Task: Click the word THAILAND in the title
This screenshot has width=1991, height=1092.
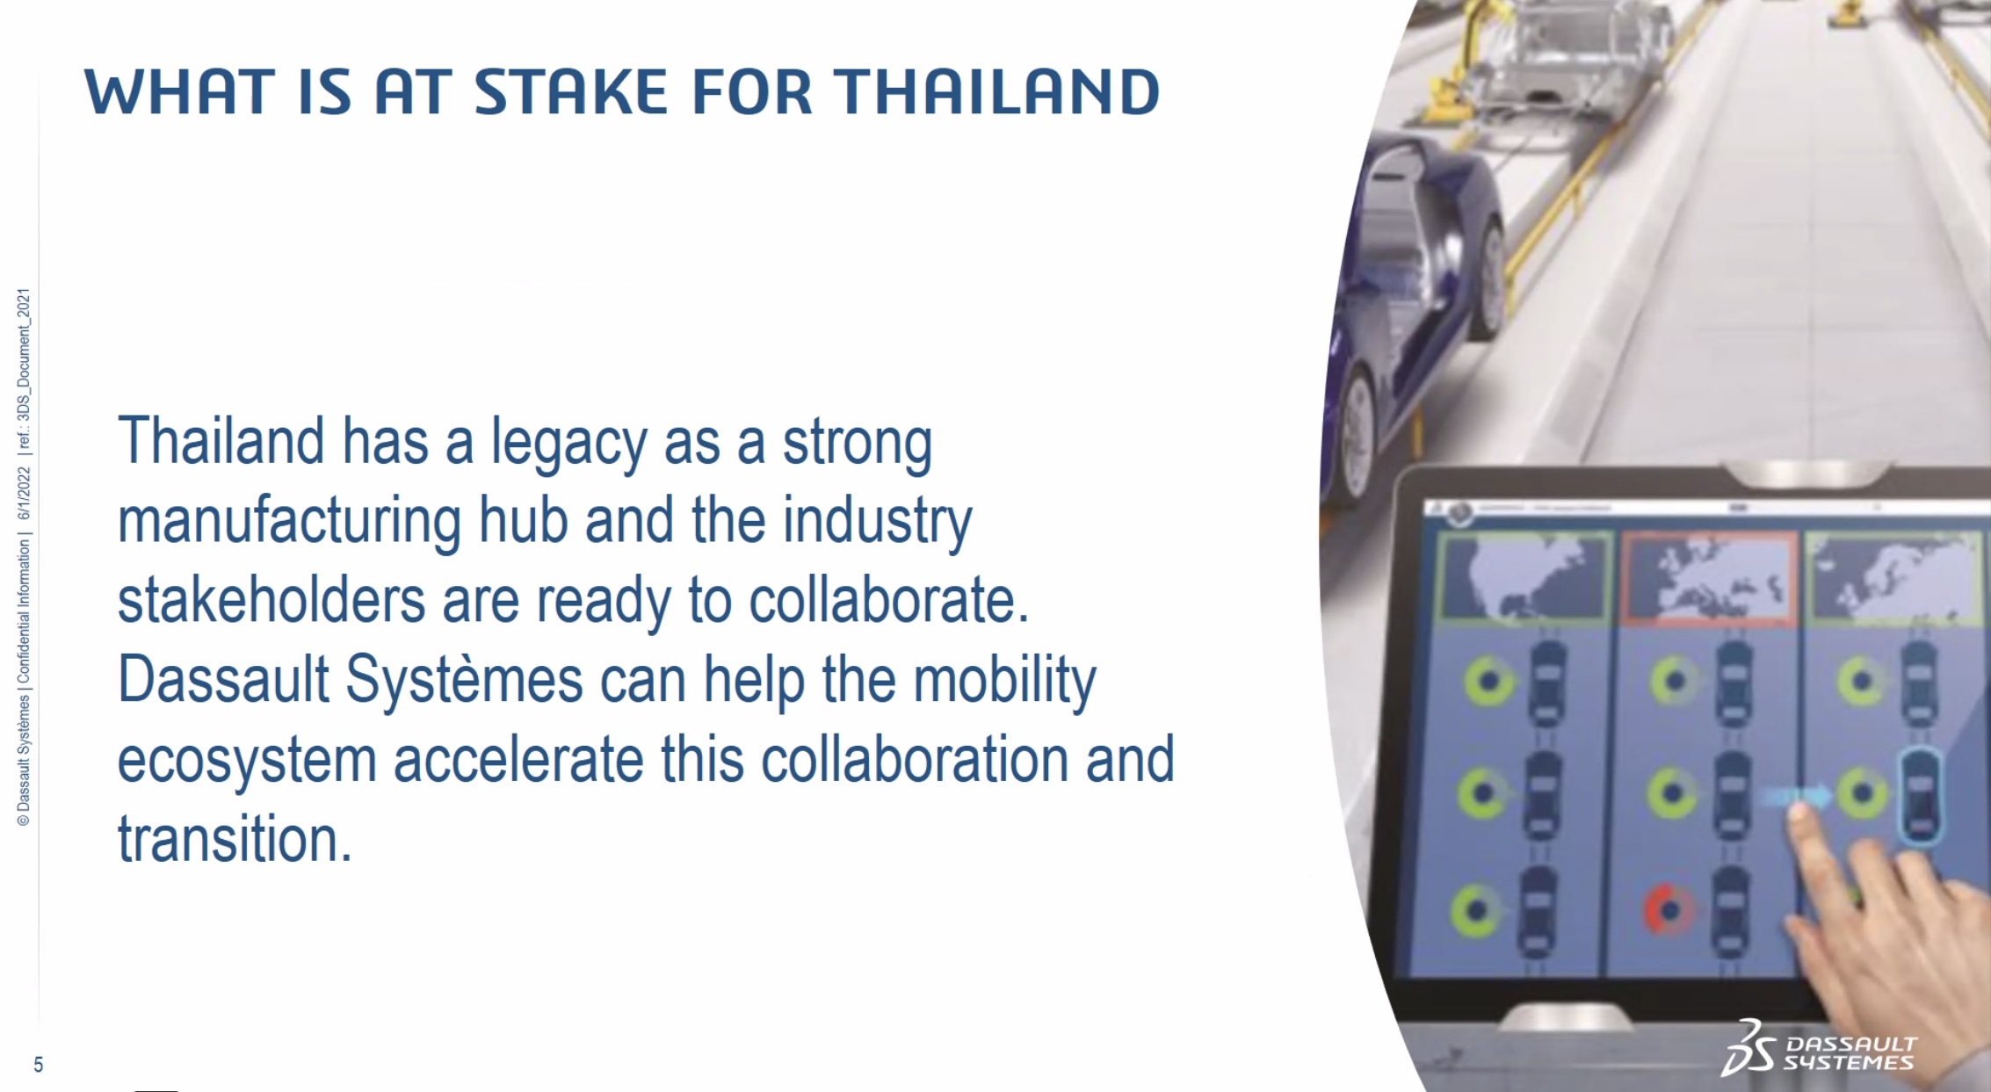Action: pos(997,92)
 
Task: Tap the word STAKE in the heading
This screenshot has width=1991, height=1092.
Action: pos(571,92)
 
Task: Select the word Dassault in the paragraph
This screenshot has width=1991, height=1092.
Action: pos(223,679)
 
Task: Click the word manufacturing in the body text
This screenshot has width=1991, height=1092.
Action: pos(289,521)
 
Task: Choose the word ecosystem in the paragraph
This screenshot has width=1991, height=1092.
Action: pos(247,761)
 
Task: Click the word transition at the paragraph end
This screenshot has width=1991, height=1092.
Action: pos(235,839)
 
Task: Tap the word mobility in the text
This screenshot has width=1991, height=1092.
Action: pos(1005,681)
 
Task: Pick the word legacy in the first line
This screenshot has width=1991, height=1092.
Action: pos(568,443)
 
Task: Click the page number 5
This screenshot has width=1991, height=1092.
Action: pos(38,1065)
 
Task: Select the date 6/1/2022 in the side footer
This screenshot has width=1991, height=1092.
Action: pos(24,493)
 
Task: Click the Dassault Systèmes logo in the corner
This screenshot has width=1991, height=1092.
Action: pos(1820,1049)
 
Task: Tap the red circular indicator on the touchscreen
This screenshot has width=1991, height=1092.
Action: pos(1666,911)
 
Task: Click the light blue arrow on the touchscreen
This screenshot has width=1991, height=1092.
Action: pos(1798,796)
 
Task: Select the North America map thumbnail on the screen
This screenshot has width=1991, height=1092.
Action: pos(1524,578)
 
